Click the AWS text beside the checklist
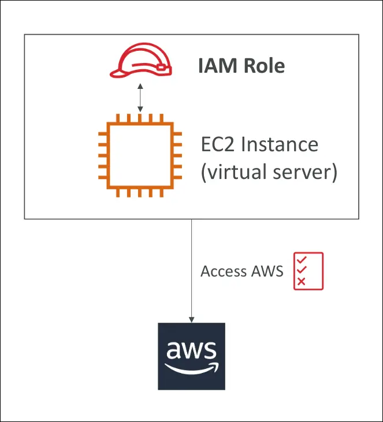pyautogui.click(x=267, y=271)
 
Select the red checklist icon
pyautogui.click(x=308, y=271)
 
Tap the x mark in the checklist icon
pyautogui.click(x=301, y=282)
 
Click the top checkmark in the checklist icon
pyautogui.click(x=301, y=260)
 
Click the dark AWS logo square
pyautogui.click(x=192, y=357)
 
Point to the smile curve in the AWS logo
pyautogui.click(x=191, y=368)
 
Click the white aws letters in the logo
pyautogui.click(x=191, y=350)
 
